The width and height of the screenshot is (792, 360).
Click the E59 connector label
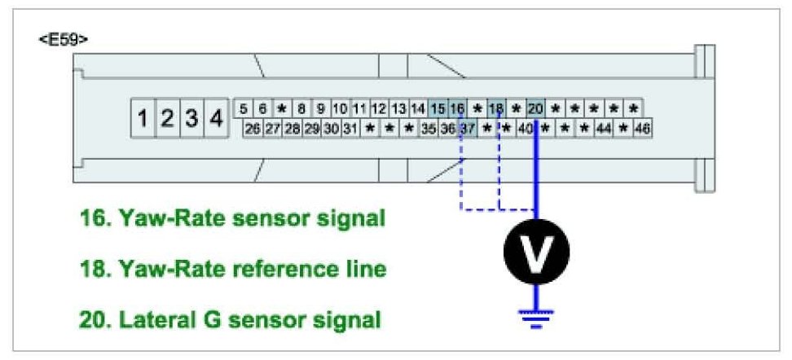click(x=64, y=39)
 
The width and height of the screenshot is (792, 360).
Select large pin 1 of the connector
click(x=143, y=119)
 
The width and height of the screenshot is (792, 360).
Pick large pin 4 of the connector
click(x=216, y=119)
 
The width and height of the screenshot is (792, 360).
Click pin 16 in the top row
click(x=457, y=108)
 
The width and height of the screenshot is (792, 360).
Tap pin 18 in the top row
click(x=496, y=108)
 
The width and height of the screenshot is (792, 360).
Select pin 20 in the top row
click(x=535, y=108)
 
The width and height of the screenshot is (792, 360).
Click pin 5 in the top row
click(x=244, y=108)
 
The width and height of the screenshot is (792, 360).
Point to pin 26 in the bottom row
click(x=253, y=129)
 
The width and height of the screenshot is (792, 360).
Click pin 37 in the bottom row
click(x=467, y=129)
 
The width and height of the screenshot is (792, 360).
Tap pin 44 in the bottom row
click(x=604, y=129)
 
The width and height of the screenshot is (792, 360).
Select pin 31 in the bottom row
click(x=350, y=129)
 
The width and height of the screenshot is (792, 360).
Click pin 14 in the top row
click(x=418, y=108)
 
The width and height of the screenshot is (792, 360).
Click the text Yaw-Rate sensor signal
click(x=231, y=219)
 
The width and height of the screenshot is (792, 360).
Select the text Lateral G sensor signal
click(x=230, y=320)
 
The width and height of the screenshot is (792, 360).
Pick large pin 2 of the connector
click(x=167, y=119)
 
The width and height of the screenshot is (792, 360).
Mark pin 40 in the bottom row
click(x=526, y=129)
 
